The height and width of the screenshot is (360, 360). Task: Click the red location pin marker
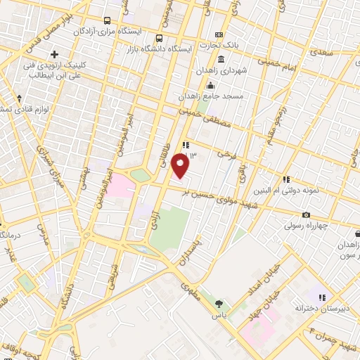click(x=181, y=166)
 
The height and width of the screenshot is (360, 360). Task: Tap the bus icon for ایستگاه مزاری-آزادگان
click(x=107, y=21)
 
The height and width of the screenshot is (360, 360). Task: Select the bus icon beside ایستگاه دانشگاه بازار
click(x=160, y=38)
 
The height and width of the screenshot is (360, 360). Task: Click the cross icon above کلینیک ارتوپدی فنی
click(x=54, y=54)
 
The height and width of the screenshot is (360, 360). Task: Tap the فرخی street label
click(x=224, y=152)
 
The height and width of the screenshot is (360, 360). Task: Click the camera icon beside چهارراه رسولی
click(x=306, y=214)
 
